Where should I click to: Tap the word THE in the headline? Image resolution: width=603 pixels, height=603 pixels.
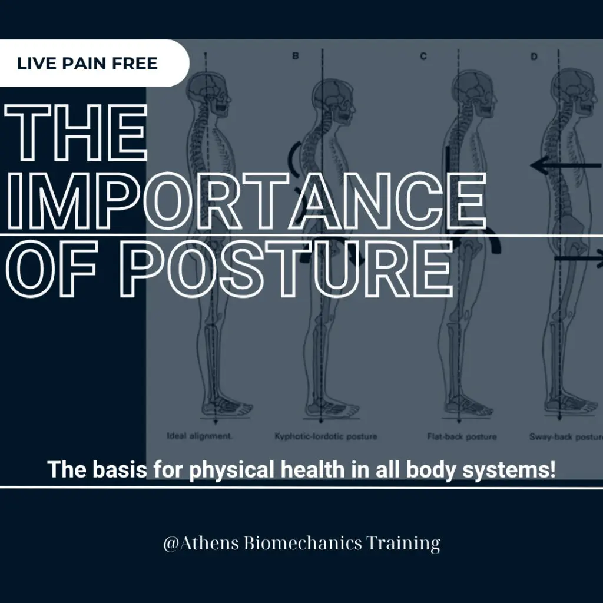coord(75,134)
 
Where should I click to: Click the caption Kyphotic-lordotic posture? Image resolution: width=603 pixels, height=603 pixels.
coord(326,437)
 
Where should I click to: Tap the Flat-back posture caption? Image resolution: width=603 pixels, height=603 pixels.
coord(462,437)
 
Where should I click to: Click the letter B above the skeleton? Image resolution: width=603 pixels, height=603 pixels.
coord(296,57)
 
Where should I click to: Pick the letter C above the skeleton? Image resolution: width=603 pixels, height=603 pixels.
coord(423,57)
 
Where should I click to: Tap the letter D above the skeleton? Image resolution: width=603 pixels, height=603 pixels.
coord(534,57)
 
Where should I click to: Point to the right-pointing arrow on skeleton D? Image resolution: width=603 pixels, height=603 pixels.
coord(580,257)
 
